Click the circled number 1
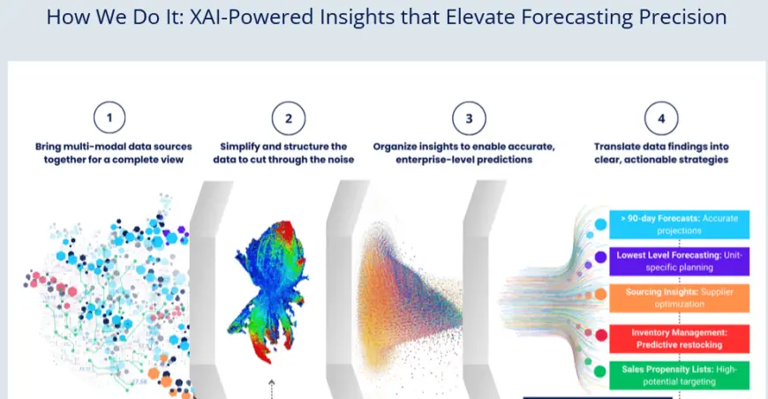click(x=109, y=117)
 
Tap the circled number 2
click(x=289, y=118)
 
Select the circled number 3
click(x=469, y=118)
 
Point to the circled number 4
click(x=661, y=118)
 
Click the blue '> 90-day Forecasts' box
click(x=680, y=225)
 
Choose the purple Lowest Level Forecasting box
click(x=680, y=261)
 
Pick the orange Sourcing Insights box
click(x=680, y=298)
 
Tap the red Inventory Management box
click(x=680, y=339)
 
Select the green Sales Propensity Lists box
click(x=680, y=375)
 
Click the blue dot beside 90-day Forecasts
click(x=600, y=225)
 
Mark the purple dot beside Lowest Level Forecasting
click(x=600, y=257)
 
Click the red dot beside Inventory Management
click(x=601, y=335)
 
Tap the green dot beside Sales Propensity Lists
click(x=600, y=372)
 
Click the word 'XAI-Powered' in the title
click(x=252, y=17)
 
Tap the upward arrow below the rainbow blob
click(x=272, y=389)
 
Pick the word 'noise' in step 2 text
click(x=341, y=160)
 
